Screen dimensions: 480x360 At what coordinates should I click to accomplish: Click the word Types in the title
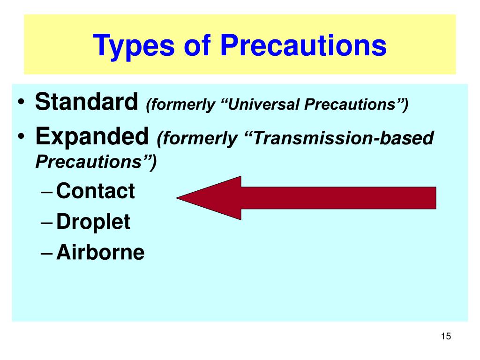tap(134, 46)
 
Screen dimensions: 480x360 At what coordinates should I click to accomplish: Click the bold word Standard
tap(87, 101)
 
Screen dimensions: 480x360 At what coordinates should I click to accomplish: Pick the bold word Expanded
tap(92, 136)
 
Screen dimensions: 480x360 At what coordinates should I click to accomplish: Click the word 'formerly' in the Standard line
tap(180, 105)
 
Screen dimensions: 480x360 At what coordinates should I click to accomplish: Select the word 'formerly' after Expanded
tap(197, 139)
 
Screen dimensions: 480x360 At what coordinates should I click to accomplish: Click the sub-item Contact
tap(96, 191)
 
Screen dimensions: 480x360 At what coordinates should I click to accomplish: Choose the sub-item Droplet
tap(93, 222)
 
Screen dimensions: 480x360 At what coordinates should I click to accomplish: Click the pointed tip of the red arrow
tap(176, 198)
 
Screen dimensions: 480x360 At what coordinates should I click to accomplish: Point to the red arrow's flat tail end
tap(435, 198)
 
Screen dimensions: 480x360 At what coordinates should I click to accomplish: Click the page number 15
tap(446, 336)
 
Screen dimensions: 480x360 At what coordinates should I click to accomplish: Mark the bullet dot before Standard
tap(21, 102)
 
